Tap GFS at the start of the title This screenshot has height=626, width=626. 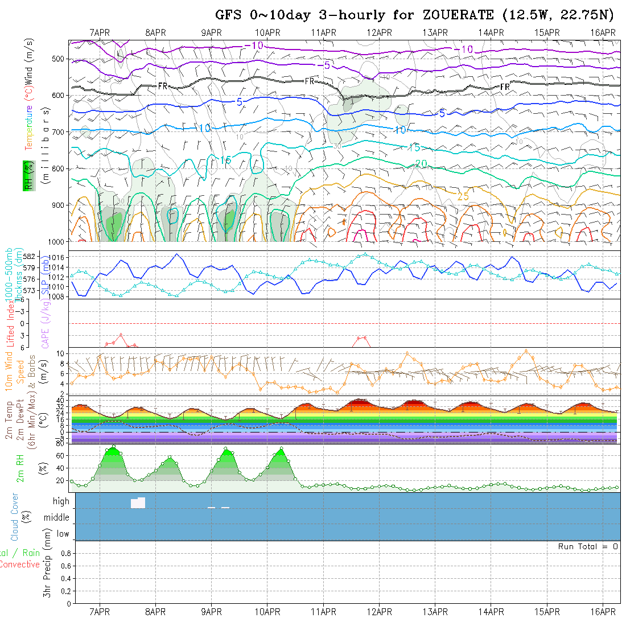pyautogui.click(x=228, y=15)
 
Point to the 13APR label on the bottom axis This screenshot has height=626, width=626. pyautogui.click(x=435, y=612)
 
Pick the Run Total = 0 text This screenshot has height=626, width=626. pyautogui.click(x=588, y=546)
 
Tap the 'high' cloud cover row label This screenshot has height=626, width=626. pyautogui.click(x=61, y=501)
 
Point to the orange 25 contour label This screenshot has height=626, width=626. pyautogui.click(x=463, y=196)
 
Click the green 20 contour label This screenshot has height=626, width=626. pyautogui.click(x=421, y=164)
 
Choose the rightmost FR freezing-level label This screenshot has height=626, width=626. pyautogui.click(x=505, y=87)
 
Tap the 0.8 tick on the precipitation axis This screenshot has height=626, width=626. pyautogui.click(x=65, y=553)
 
